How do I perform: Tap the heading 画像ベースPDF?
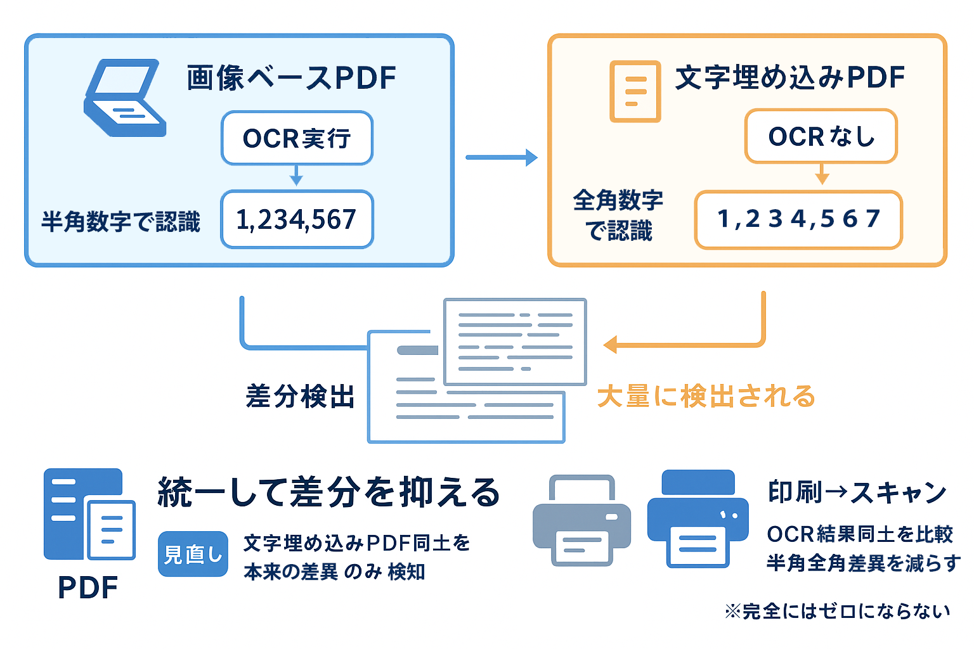click(291, 78)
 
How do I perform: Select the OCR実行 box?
click(297, 138)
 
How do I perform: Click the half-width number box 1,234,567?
click(297, 219)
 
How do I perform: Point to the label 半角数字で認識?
click(120, 222)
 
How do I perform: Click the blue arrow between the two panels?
click(501, 157)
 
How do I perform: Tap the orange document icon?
click(635, 91)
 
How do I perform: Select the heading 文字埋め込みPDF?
click(789, 77)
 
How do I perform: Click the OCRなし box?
click(821, 136)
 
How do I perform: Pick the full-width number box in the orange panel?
click(798, 219)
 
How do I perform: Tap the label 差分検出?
click(300, 396)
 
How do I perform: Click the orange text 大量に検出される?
click(706, 396)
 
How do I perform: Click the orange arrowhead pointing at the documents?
click(610, 345)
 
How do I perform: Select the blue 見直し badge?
click(193, 554)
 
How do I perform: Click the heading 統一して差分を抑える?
click(329, 492)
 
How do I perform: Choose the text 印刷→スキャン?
click(857, 492)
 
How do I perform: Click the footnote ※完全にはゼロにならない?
click(837, 611)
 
